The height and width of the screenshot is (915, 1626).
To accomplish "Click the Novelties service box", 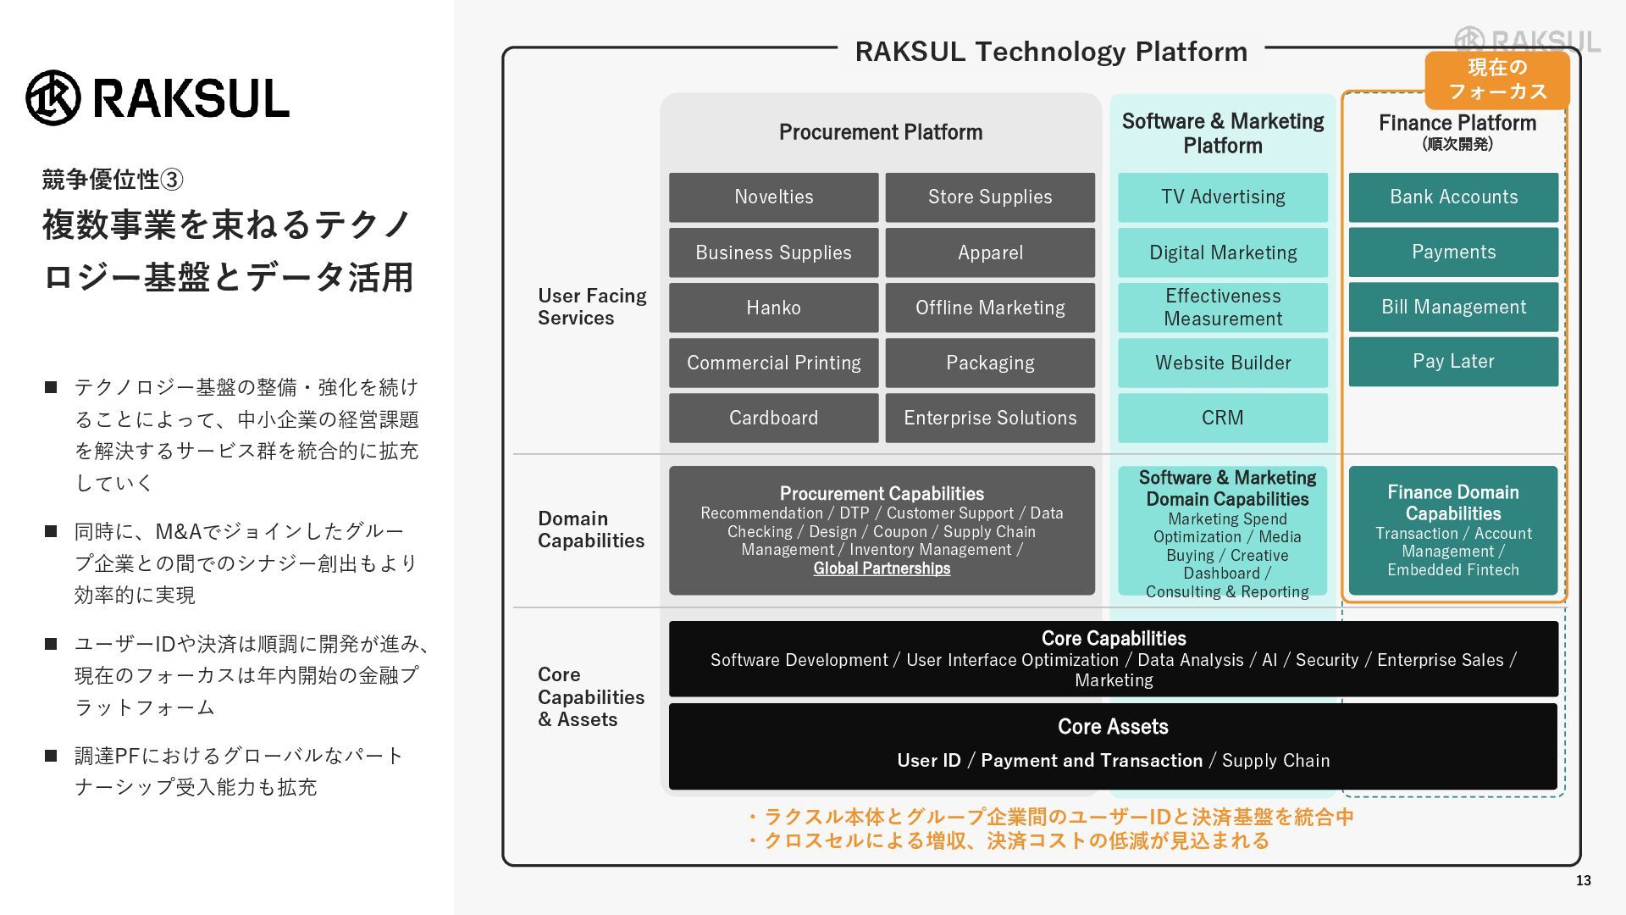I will (773, 197).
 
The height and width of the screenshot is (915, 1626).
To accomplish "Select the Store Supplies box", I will (990, 197).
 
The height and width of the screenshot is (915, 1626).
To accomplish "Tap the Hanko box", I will (773, 308).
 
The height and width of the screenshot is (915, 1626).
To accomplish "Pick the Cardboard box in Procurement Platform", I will (773, 418).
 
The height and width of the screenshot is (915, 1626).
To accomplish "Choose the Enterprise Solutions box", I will (990, 418).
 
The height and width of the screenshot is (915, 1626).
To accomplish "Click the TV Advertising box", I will (1222, 197).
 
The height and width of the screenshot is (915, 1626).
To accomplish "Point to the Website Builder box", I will (1222, 363).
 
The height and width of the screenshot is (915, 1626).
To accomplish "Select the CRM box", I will (1222, 418).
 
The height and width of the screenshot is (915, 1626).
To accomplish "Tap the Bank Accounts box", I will (1453, 197).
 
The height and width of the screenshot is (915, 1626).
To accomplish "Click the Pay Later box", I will (1453, 362).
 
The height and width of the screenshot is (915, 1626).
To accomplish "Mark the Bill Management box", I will (1453, 307).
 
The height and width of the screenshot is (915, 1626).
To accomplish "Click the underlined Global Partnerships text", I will (882, 568).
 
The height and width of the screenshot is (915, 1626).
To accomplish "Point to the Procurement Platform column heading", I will (881, 132).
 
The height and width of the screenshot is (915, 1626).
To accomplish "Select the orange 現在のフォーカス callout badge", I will (1496, 80).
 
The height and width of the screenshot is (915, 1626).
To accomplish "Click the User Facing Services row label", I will (591, 307).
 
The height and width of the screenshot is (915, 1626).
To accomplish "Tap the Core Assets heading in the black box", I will (1113, 727).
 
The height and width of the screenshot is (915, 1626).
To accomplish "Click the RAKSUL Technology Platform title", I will (1051, 52).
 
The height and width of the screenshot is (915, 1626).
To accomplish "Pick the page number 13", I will (1583, 881).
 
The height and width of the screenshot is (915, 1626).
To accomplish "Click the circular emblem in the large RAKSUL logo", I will (53, 97).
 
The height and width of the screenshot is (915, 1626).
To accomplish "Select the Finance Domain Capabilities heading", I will (1453, 502).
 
